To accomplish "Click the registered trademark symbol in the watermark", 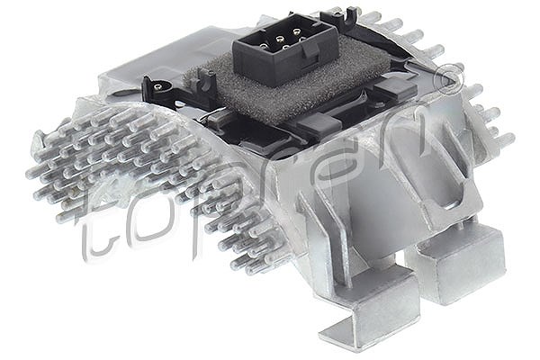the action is [x=449, y=79].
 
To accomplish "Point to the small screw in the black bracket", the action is [x=158, y=86].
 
